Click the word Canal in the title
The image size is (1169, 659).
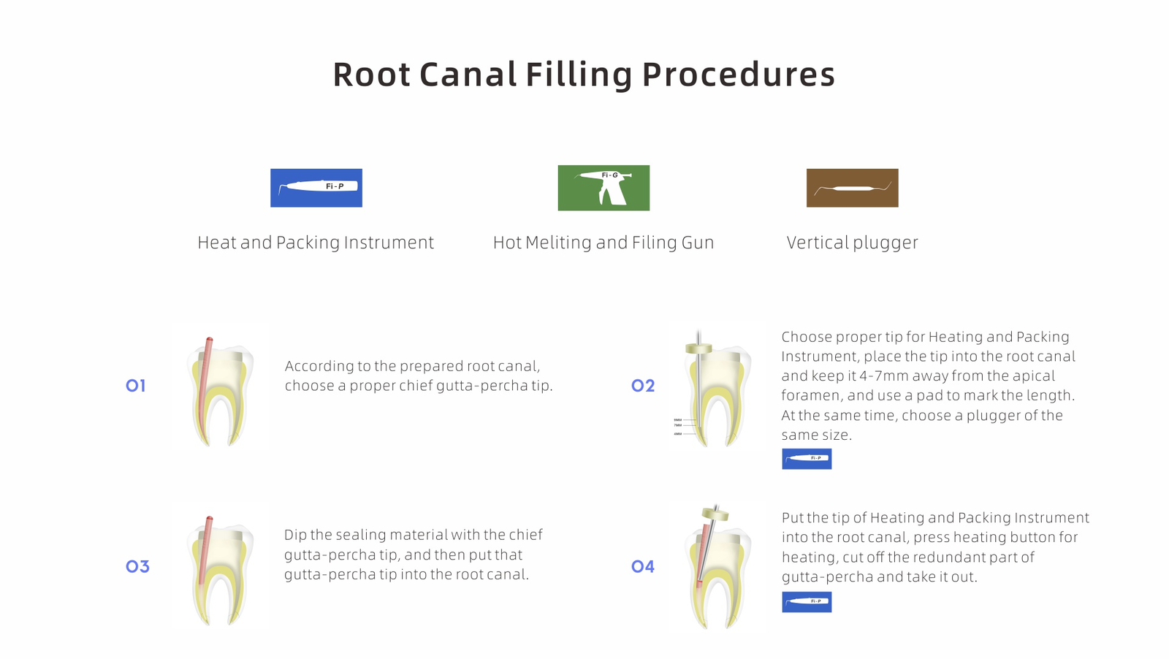[x=468, y=75]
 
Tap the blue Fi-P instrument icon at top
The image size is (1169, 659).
[x=316, y=188]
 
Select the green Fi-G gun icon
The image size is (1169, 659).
[x=603, y=188]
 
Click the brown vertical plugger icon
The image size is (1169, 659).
[x=852, y=188]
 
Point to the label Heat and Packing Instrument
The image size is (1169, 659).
[x=316, y=243]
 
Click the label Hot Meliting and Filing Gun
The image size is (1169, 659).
[x=603, y=243]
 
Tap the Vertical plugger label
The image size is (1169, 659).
[x=852, y=243]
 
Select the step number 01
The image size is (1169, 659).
[x=136, y=386]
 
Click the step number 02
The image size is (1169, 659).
[x=643, y=386]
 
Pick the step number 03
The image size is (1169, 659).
[x=137, y=566]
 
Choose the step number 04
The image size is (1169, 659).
[x=643, y=566]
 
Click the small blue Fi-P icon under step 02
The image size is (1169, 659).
[x=807, y=459]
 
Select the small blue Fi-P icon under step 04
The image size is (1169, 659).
[x=807, y=602]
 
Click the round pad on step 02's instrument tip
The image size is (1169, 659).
[x=698, y=348]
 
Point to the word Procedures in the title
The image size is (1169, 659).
[x=738, y=75]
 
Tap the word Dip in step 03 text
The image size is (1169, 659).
[x=295, y=536]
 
